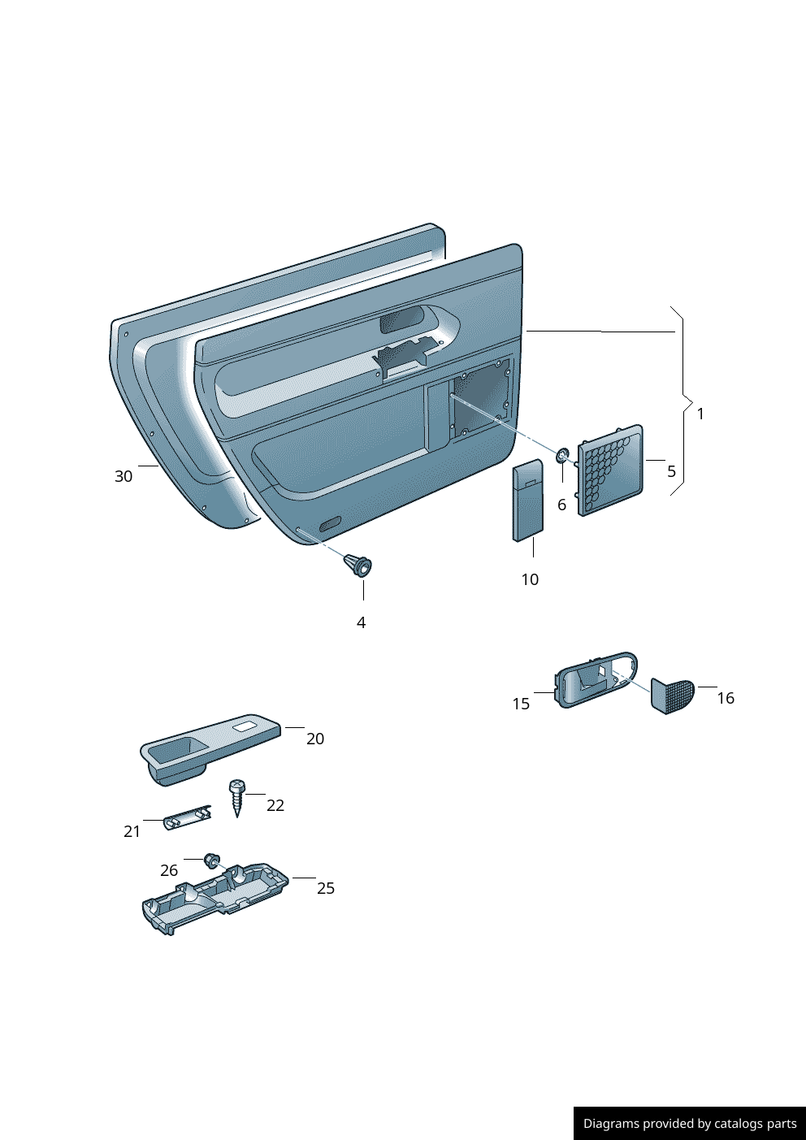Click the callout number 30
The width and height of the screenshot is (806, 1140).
tap(123, 477)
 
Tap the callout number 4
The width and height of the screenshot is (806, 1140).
tap(361, 623)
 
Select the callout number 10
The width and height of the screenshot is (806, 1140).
tap(530, 580)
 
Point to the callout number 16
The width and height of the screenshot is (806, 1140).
tap(725, 699)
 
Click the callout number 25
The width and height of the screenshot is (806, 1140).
tap(325, 889)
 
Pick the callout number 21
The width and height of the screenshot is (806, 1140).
tap(132, 832)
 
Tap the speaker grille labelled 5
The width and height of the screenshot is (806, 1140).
tap(610, 470)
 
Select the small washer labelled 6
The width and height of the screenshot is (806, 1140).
tap(562, 455)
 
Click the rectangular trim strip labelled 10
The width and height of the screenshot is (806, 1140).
tap(527, 501)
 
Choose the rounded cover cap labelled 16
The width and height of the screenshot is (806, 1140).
tap(671, 696)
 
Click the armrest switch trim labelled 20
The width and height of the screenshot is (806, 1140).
tap(210, 748)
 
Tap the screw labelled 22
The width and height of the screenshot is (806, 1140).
tap(236, 797)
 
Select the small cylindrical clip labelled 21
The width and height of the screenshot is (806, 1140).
tap(188, 818)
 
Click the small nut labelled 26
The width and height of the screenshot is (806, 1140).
tap(212, 859)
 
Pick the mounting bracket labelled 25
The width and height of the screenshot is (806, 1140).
tap(214, 898)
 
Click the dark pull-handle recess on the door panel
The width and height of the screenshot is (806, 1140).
tap(401, 320)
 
